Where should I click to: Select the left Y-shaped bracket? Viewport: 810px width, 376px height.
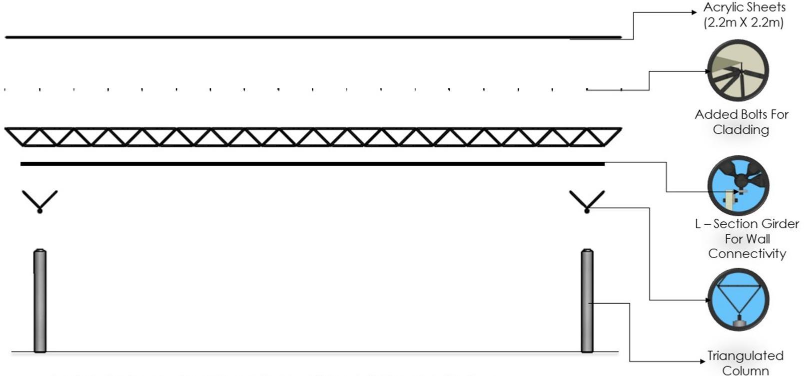[40, 200]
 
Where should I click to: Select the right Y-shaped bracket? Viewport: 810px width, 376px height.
[587, 200]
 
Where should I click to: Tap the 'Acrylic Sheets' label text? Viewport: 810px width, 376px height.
[744, 7]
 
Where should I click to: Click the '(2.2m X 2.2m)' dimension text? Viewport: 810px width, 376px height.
[744, 22]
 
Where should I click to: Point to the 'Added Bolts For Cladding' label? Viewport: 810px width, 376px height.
[742, 122]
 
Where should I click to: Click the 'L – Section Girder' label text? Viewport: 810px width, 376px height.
[747, 224]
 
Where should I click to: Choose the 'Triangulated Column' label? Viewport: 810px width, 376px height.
[745, 363]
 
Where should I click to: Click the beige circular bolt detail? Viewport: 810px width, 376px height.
[738, 71]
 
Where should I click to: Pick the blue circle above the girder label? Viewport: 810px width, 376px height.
[738, 185]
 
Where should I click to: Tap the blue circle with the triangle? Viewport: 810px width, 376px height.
[738, 300]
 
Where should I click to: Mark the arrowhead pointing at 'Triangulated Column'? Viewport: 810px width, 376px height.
[702, 361]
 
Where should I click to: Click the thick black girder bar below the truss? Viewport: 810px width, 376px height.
[312, 164]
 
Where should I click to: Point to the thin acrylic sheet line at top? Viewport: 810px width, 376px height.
[312, 37]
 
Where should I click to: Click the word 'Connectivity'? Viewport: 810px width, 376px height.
[747, 254]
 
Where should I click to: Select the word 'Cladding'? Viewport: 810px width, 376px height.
[741, 130]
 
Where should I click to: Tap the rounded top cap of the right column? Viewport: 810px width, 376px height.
[587, 251]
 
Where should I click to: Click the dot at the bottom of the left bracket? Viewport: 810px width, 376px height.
[40, 211]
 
